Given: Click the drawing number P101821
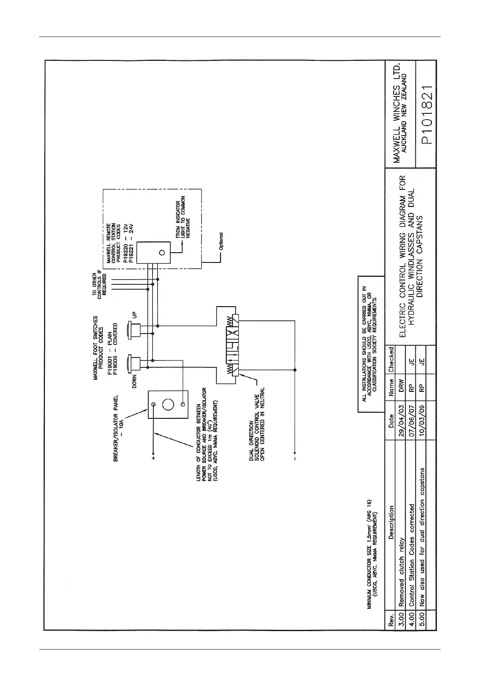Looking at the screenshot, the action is coord(426,115).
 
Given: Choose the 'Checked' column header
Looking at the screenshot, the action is coord(391,360).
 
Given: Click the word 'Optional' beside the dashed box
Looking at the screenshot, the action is coord(221,241).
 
